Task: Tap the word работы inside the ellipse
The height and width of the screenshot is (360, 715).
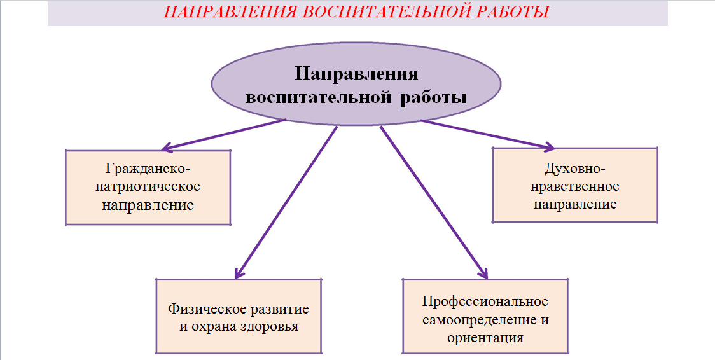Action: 434,98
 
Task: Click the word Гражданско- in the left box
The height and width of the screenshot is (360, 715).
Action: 148,169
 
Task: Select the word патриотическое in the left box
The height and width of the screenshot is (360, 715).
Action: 148,187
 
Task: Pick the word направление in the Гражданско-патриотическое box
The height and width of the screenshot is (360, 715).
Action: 148,205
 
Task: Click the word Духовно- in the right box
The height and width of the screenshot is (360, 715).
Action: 575,169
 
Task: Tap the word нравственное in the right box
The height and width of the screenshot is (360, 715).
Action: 575,186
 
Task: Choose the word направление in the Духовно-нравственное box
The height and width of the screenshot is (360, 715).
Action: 575,204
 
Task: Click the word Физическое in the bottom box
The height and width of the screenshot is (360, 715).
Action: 208,309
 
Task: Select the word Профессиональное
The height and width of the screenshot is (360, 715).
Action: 485,301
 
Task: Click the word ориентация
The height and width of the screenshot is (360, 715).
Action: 485,338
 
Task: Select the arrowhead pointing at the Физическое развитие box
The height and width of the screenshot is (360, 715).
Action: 239,273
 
